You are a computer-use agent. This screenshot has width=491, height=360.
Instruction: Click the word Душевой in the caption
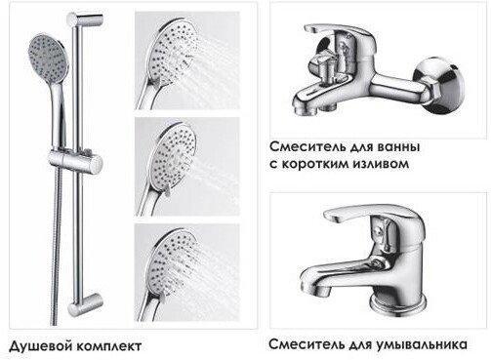click(40, 345)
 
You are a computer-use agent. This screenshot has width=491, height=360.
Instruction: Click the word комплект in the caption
click(108, 346)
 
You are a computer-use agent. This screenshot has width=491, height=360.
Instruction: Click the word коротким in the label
click(313, 164)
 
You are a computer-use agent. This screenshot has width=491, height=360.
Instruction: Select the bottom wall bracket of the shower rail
click(85, 304)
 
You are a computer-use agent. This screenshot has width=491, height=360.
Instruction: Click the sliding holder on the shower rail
click(75, 160)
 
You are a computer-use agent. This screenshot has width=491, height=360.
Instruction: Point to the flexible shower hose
click(57, 247)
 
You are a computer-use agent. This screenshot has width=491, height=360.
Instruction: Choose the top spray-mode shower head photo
click(187, 60)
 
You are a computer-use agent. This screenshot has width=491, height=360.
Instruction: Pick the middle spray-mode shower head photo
click(187, 167)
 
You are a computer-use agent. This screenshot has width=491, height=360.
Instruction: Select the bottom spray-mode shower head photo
click(187, 272)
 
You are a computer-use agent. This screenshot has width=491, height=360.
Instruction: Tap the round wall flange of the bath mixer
click(441, 85)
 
